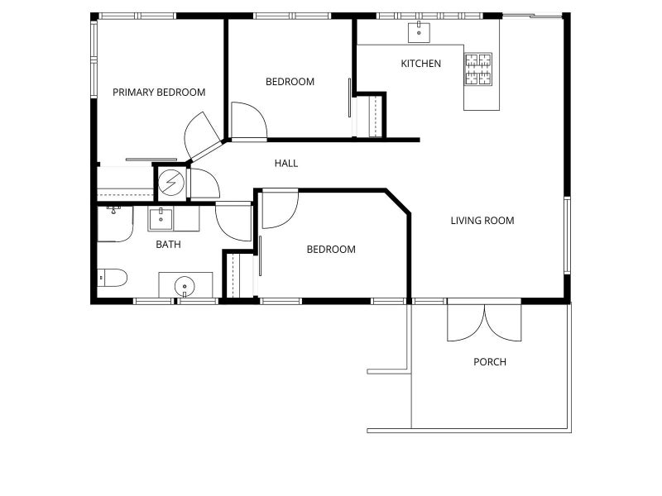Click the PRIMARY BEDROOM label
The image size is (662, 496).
[159, 93]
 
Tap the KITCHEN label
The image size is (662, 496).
[420, 64]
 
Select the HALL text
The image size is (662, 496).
[285, 163]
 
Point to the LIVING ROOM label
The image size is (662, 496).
[482, 221]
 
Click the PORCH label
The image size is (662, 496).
[490, 362]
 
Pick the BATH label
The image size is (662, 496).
[168, 245]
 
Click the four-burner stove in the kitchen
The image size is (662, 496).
[478, 69]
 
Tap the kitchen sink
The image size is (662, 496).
[419, 32]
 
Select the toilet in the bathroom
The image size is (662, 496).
[112, 278]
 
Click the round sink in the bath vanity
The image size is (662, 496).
[185, 286]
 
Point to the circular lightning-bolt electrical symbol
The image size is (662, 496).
[171, 183]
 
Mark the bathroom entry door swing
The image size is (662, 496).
[233, 222]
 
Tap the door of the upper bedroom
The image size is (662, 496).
[249, 121]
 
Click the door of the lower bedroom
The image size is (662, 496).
[281, 210]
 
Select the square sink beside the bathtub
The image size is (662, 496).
[161, 219]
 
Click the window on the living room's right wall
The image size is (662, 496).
[568, 236]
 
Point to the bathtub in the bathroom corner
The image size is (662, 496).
[115, 224]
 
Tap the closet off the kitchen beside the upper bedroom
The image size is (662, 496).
[370, 117]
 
